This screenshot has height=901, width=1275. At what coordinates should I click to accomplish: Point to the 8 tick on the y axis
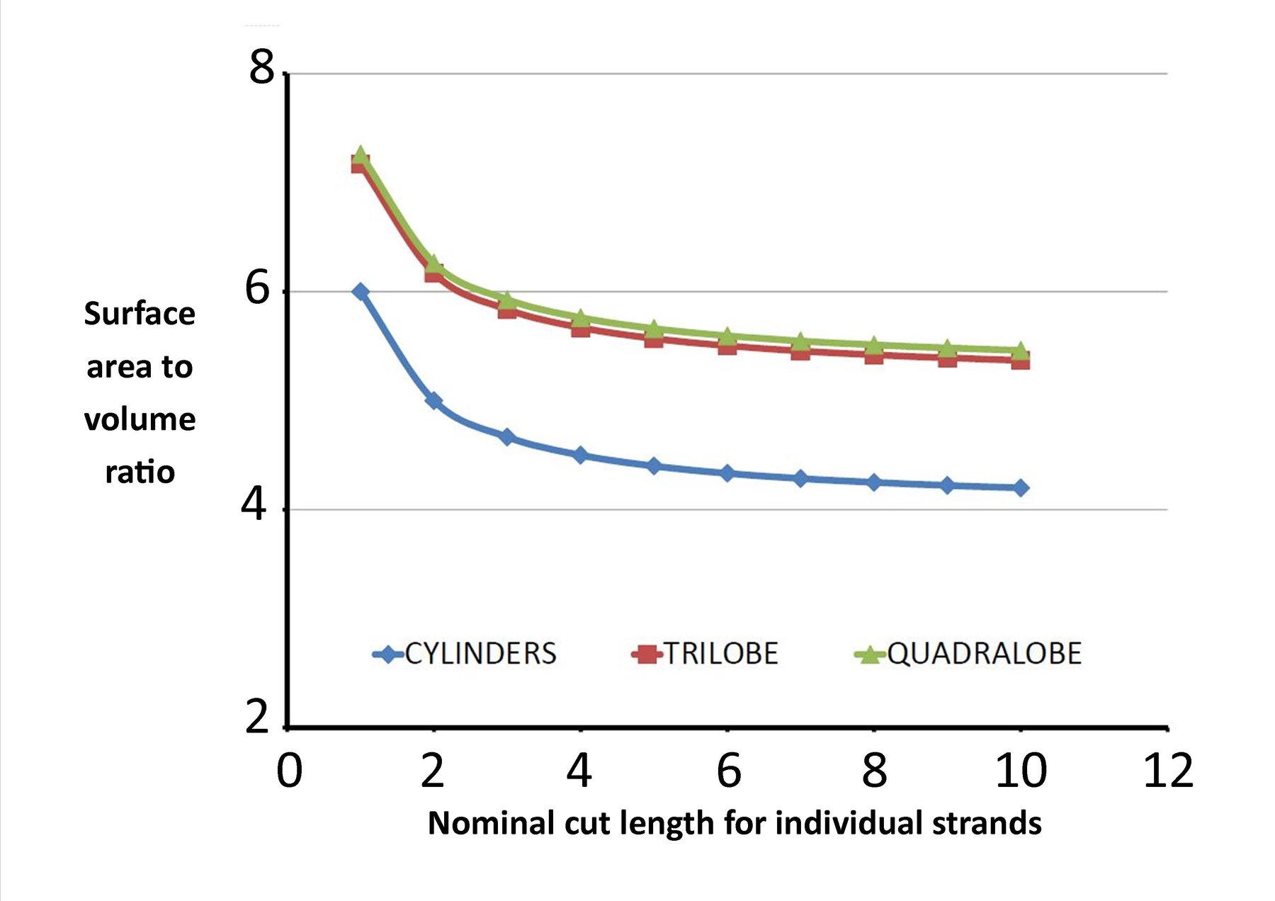pyautogui.click(x=261, y=69)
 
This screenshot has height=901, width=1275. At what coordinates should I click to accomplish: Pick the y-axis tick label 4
pyautogui.click(x=254, y=505)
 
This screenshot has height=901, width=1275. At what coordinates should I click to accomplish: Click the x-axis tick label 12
pyautogui.click(x=1168, y=771)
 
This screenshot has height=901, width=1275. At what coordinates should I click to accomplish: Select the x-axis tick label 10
pyautogui.click(x=1021, y=771)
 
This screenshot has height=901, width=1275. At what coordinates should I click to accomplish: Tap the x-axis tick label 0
pyautogui.click(x=289, y=771)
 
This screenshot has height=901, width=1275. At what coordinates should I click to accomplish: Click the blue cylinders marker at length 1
pyautogui.click(x=361, y=291)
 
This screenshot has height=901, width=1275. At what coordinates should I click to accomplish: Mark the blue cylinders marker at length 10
pyautogui.click(x=1021, y=487)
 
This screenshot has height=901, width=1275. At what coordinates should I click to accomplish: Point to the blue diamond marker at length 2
pyautogui.click(x=433, y=401)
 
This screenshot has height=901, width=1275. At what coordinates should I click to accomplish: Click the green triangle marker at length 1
pyautogui.click(x=361, y=155)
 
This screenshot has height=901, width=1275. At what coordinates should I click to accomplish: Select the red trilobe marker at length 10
pyautogui.click(x=1021, y=361)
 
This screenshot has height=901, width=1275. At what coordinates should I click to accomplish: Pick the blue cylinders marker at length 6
pyautogui.click(x=727, y=472)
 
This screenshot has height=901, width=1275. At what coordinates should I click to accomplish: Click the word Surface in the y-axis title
pyautogui.click(x=140, y=314)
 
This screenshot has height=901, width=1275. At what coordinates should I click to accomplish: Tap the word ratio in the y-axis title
pyautogui.click(x=140, y=472)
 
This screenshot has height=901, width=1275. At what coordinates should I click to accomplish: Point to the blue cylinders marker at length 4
pyautogui.click(x=581, y=455)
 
